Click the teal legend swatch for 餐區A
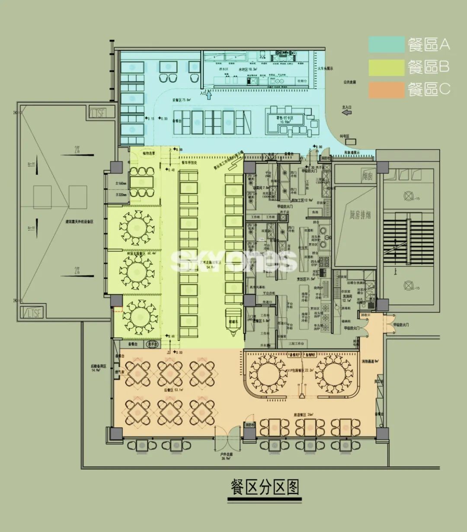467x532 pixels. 386,44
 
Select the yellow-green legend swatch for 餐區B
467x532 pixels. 386,67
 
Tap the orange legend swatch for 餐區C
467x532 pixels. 386,90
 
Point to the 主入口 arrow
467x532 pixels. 346,113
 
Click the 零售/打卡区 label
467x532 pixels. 285,118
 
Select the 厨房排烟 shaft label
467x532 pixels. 360,214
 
